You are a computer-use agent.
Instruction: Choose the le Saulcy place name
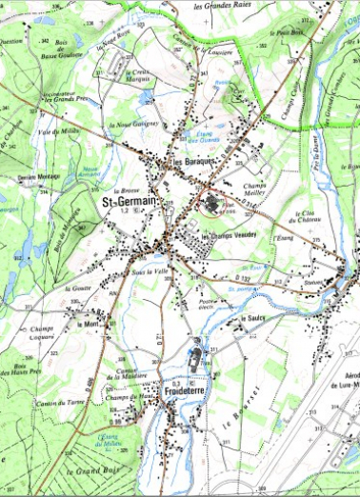(x=251, y=318)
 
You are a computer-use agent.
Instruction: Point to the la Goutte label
(x=78, y=288)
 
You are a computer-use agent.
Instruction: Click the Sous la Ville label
(x=150, y=271)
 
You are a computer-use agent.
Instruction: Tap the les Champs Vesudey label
(x=229, y=234)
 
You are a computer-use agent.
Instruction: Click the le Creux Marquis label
(x=140, y=77)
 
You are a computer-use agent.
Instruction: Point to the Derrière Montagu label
(x=39, y=178)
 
